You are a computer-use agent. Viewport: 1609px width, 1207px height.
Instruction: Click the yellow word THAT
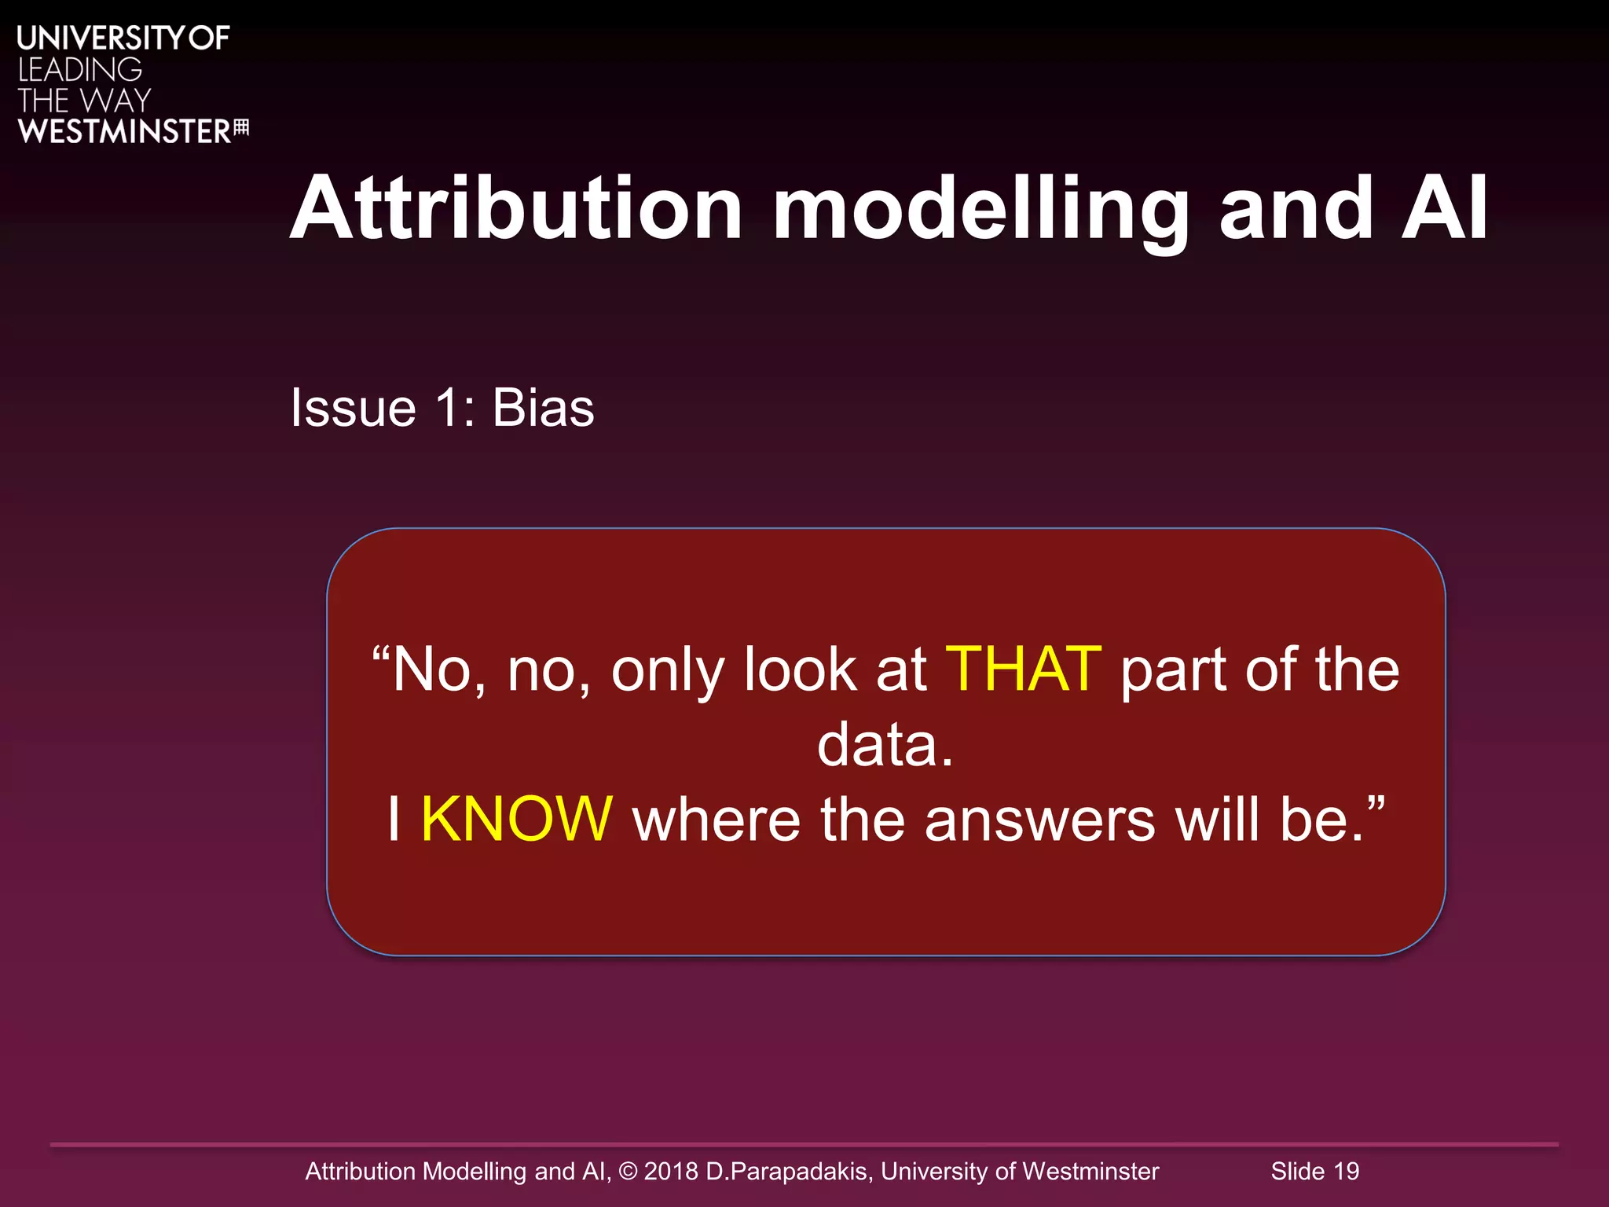pyautogui.click(x=1023, y=670)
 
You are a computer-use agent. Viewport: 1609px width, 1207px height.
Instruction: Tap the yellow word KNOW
pyautogui.click(x=516, y=820)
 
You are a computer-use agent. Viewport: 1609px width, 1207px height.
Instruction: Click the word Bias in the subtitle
pyautogui.click(x=543, y=408)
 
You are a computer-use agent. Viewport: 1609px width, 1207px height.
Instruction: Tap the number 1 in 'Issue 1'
pyautogui.click(x=447, y=408)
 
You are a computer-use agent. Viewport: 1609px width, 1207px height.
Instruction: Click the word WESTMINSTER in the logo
pyautogui.click(x=124, y=131)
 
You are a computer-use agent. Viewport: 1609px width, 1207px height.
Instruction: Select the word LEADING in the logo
pyautogui.click(x=80, y=70)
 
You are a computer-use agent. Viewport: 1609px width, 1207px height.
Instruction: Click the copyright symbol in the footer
pyautogui.click(x=628, y=1172)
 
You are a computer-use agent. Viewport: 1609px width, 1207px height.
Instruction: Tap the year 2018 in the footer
pyautogui.click(x=671, y=1172)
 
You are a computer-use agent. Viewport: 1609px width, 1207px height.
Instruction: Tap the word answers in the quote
pyautogui.click(x=1039, y=820)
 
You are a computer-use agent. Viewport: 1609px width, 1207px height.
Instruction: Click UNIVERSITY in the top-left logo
pyautogui.click(x=101, y=38)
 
